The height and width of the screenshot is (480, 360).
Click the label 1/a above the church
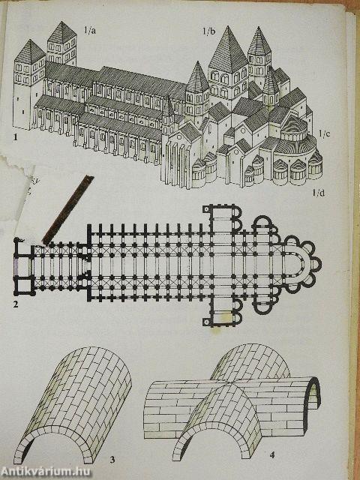pos(90,31)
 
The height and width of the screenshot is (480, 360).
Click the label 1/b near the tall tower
pos(208,31)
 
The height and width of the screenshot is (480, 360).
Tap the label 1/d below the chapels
pos(319,193)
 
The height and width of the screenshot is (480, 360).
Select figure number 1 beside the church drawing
pos(15,137)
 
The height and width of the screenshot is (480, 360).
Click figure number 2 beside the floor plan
pos(16,304)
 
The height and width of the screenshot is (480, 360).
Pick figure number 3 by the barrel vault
pos(112,460)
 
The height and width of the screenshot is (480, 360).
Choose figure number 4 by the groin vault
pos(271,455)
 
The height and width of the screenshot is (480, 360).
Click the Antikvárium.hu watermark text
pos(46,472)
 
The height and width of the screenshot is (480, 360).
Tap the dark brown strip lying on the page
pos(68,210)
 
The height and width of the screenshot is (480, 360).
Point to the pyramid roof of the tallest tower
pos(228,50)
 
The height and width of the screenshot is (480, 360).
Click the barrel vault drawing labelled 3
pos(72,405)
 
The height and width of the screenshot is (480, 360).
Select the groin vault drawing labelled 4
pos(232,402)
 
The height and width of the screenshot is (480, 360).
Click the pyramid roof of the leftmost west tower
pos(30,52)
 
